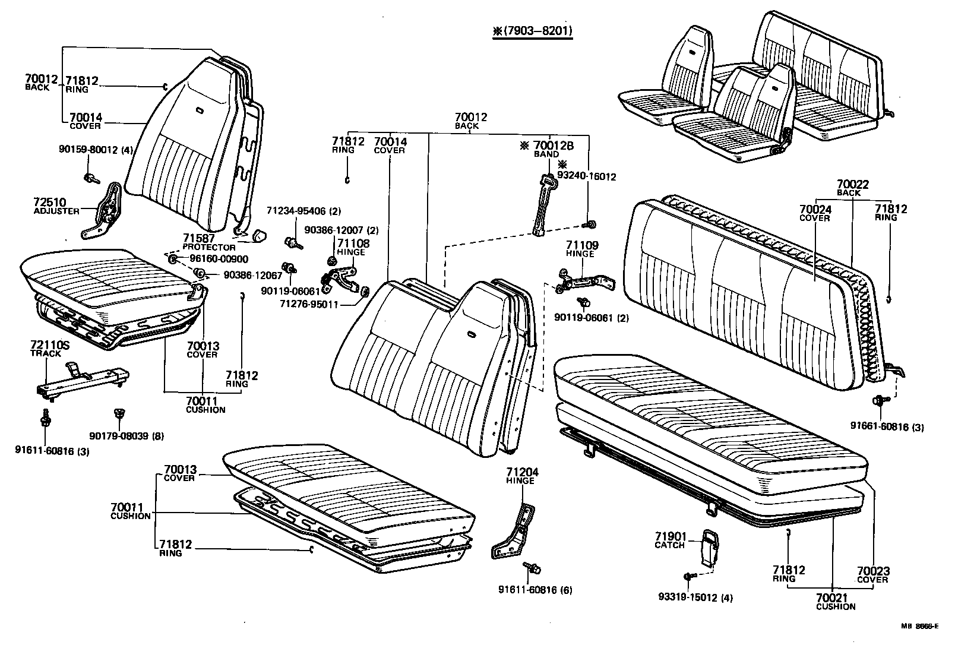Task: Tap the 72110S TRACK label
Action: click(46, 349)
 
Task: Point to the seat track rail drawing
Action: click(83, 380)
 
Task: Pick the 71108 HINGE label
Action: click(353, 247)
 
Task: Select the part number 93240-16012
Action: click(586, 176)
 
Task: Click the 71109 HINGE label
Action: click(581, 248)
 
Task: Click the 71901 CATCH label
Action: click(670, 540)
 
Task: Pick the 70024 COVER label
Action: click(815, 213)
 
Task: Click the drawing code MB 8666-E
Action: click(919, 626)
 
